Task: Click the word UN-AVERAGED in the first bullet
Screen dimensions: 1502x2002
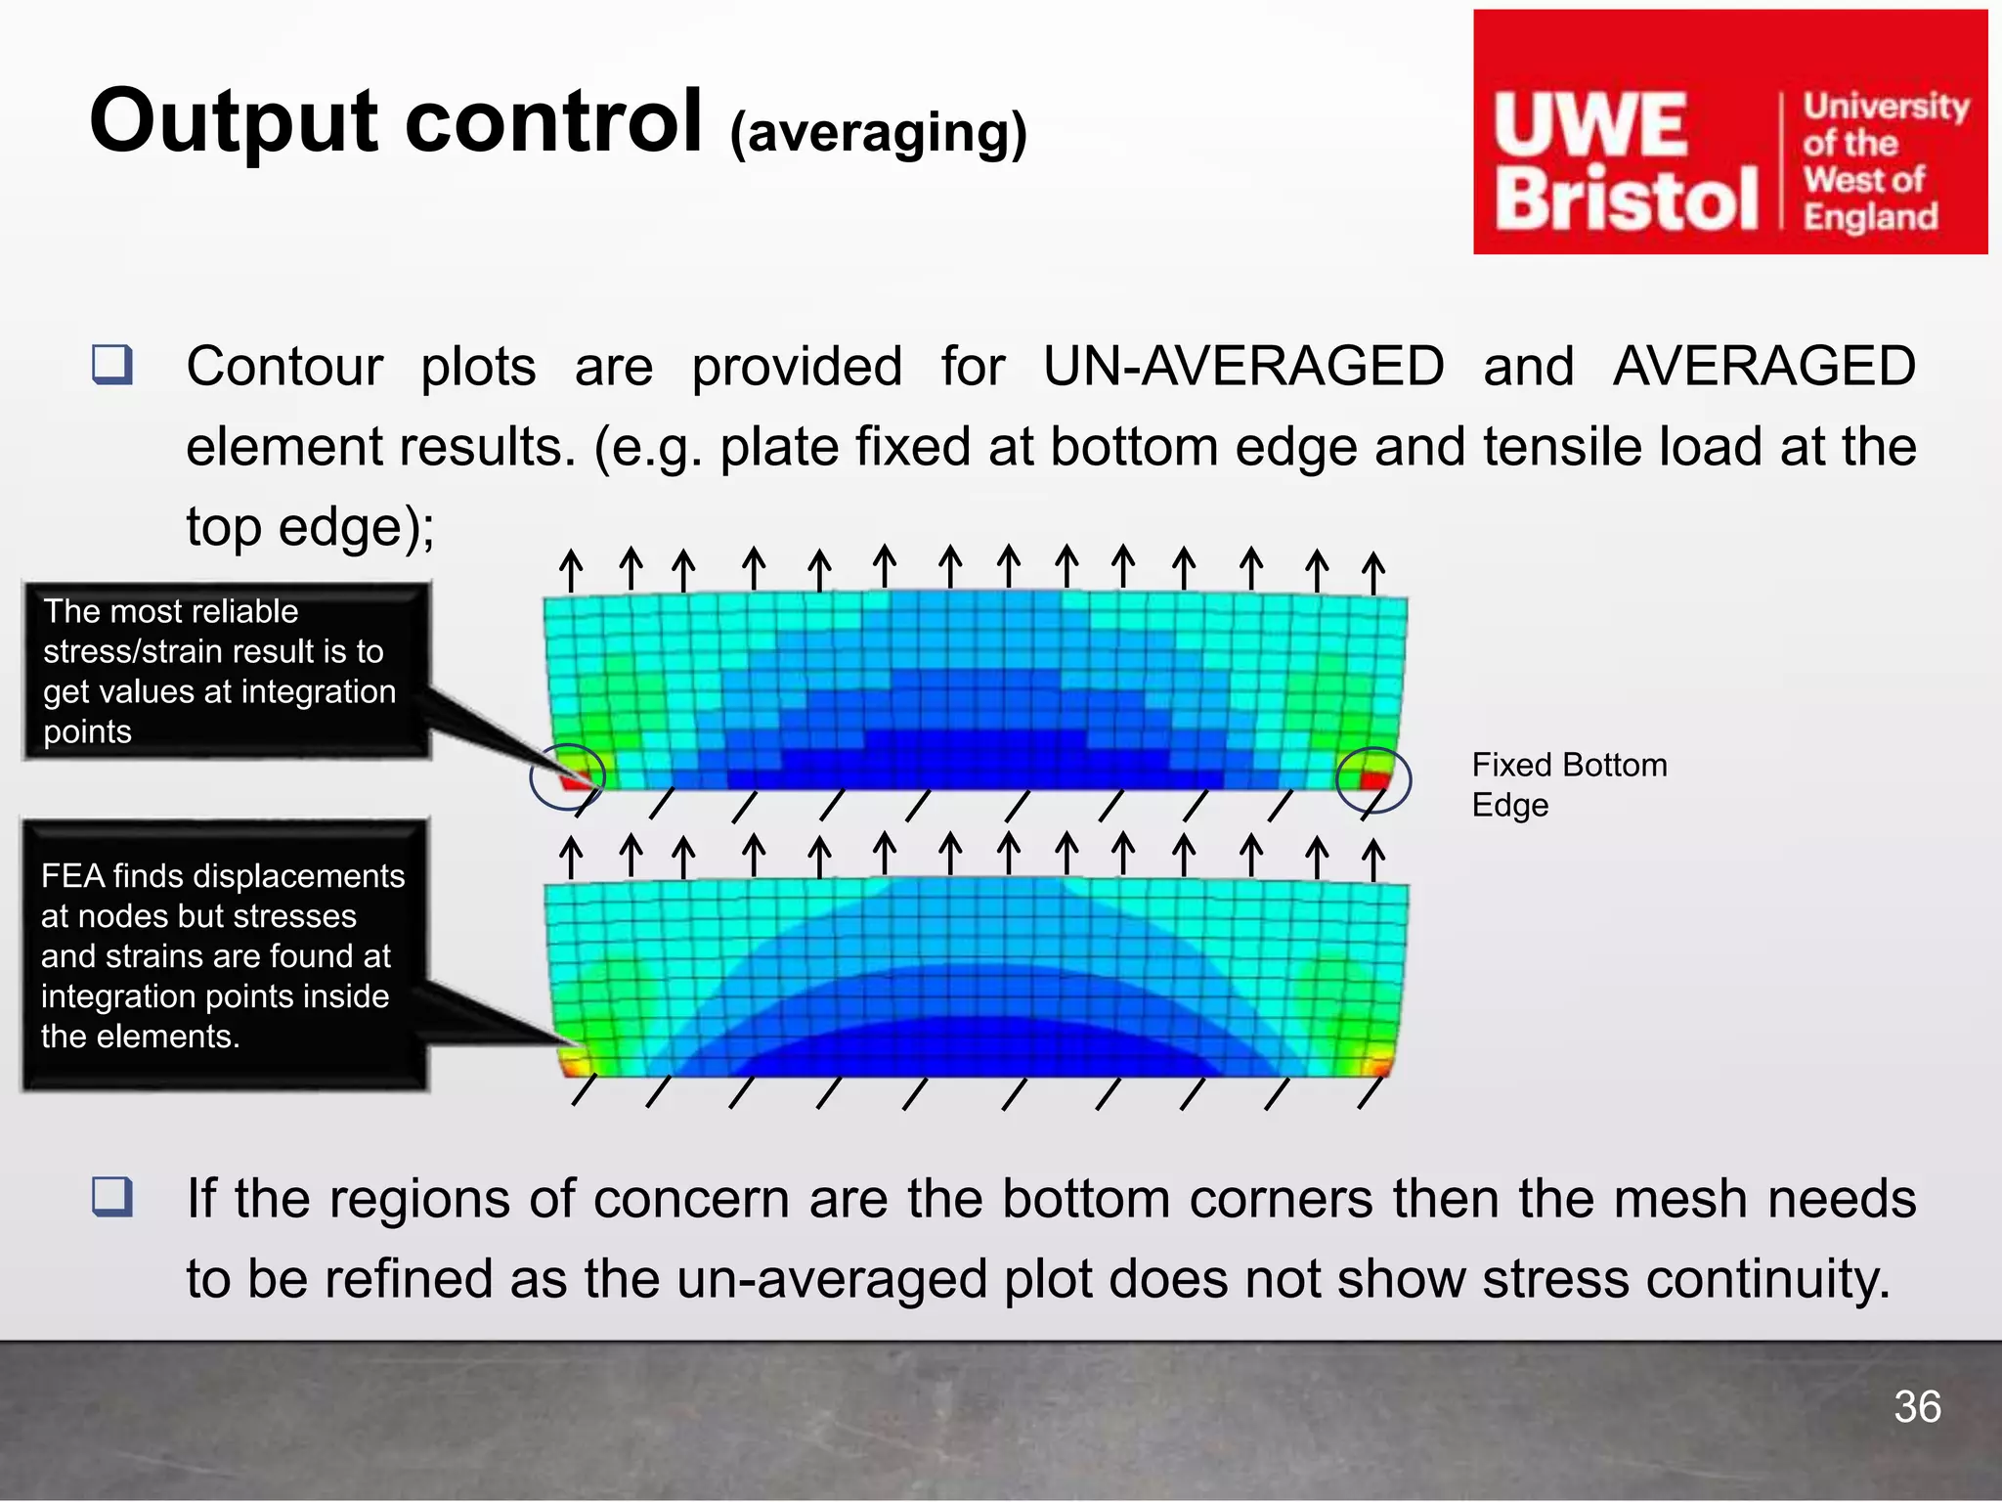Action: pyautogui.click(x=1243, y=367)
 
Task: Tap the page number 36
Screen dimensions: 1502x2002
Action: pyautogui.click(x=1917, y=1407)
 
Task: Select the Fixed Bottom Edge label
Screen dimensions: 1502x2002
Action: pyautogui.click(x=1568, y=784)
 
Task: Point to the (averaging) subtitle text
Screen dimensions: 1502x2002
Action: pyautogui.click(x=878, y=134)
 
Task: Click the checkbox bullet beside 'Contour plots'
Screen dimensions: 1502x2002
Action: pyautogui.click(x=112, y=365)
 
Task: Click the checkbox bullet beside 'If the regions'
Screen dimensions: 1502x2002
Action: pyautogui.click(x=112, y=1197)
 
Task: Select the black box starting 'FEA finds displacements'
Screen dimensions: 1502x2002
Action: pyautogui.click(x=225, y=955)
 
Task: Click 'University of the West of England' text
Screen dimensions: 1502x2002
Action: pyautogui.click(x=1884, y=161)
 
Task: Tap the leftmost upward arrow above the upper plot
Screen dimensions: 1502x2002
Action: pyautogui.click(x=571, y=569)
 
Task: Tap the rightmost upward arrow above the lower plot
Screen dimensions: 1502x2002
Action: pyautogui.click(x=1373, y=859)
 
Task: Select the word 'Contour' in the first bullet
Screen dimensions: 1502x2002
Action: pyautogui.click(x=284, y=367)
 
